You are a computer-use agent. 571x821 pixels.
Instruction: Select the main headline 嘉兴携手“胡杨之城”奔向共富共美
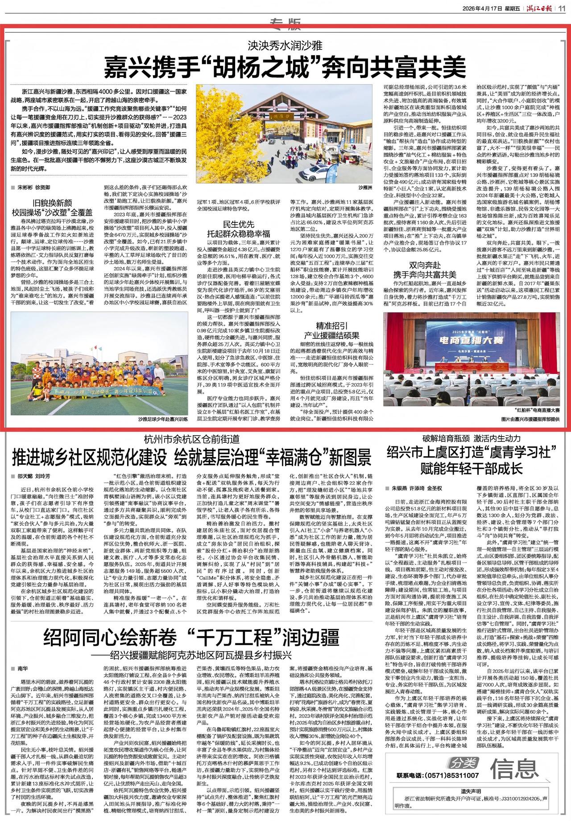[x=285, y=67]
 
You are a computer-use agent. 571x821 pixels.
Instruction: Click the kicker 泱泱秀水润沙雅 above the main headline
[x=285, y=45]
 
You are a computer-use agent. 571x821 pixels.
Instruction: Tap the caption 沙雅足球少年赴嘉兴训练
[x=163, y=419]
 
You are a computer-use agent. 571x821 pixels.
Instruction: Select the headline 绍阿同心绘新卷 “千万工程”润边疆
[x=192, y=638]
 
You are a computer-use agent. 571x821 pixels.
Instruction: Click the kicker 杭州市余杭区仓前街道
[x=192, y=438]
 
